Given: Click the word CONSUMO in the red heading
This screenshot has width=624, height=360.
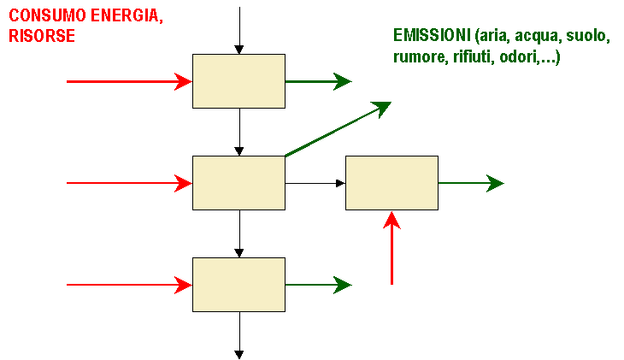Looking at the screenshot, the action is click(47, 15).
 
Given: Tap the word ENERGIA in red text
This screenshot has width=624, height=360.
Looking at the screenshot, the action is click(127, 16).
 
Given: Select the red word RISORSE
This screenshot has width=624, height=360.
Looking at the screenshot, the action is click(42, 36).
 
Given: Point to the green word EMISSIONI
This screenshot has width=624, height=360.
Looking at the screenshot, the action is click(432, 35).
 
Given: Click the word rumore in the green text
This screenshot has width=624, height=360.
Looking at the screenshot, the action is click(421, 57).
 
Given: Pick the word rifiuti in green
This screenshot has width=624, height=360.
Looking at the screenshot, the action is click(473, 56).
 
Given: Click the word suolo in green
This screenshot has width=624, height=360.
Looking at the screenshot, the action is click(587, 35).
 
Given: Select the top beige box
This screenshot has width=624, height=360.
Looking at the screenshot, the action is click(238, 81).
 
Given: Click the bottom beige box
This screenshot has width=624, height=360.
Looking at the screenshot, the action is click(238, 285).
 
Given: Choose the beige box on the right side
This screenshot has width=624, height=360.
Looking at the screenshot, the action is click(391, 183).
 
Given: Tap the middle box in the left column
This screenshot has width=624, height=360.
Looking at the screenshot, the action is click(238, 183).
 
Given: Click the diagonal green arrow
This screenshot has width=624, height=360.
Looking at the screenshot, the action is click(338, 129).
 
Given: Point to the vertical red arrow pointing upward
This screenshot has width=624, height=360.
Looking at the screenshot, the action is click(392, 248).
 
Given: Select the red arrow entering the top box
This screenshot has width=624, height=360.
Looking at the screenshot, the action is click(129, 81).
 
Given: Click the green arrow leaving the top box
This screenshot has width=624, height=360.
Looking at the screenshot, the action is click(318, 81).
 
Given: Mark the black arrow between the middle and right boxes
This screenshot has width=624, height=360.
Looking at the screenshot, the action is click(315, 183).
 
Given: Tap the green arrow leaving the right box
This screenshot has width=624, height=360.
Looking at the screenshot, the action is click(471, 183).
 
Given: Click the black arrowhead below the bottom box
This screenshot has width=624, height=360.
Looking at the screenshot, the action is click(238, 354).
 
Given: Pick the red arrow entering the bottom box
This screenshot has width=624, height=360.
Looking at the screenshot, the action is click(129, 285).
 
